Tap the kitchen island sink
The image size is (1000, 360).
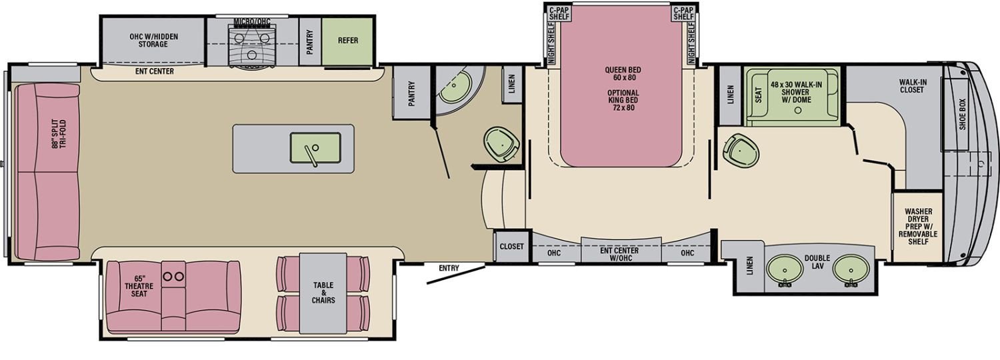click(x=315, y=148)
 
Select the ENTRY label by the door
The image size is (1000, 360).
click(x=449, y=268)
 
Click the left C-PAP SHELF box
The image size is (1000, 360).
click(x=559, y=13)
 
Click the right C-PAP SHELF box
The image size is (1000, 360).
click(x=683, y=13)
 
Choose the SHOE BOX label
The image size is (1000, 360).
click(x=962, y=115)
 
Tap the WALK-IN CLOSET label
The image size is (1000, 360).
click(x=912, y=86)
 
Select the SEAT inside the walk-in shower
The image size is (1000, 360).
click(x=759, y=94)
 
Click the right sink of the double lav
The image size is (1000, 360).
click(x=851, y=269)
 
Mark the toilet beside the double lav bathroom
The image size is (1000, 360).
click(x=741, y=151)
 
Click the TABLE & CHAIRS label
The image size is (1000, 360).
click(x=323, y=293)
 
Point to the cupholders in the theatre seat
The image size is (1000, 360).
click(x=173, y=277)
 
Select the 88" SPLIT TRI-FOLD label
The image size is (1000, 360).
click(x=59, y=134)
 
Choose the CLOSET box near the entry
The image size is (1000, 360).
click(x=511, y=246)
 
